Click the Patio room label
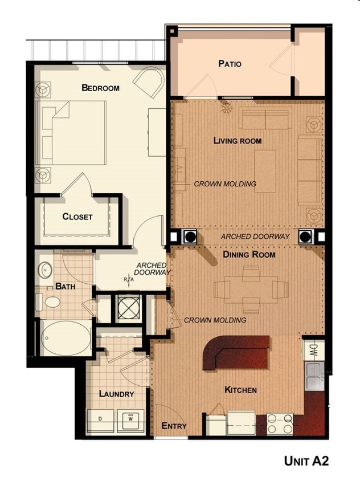230,64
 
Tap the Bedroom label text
100,88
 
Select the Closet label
77,217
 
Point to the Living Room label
238,141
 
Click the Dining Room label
249,254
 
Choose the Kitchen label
240,390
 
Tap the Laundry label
116,394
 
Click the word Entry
174,426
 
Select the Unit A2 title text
306,461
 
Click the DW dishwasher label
313,349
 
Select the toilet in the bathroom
51,301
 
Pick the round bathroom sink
45,270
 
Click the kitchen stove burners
280,424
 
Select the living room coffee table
265,163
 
